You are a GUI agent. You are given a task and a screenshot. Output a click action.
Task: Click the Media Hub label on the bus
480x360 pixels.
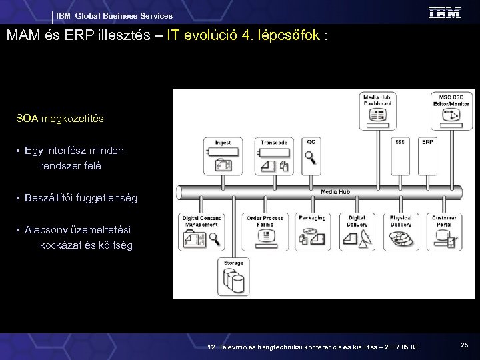click(x=335, y=192)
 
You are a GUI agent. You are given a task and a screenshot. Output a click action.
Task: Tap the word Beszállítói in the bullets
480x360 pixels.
click(x=49, y=198)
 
